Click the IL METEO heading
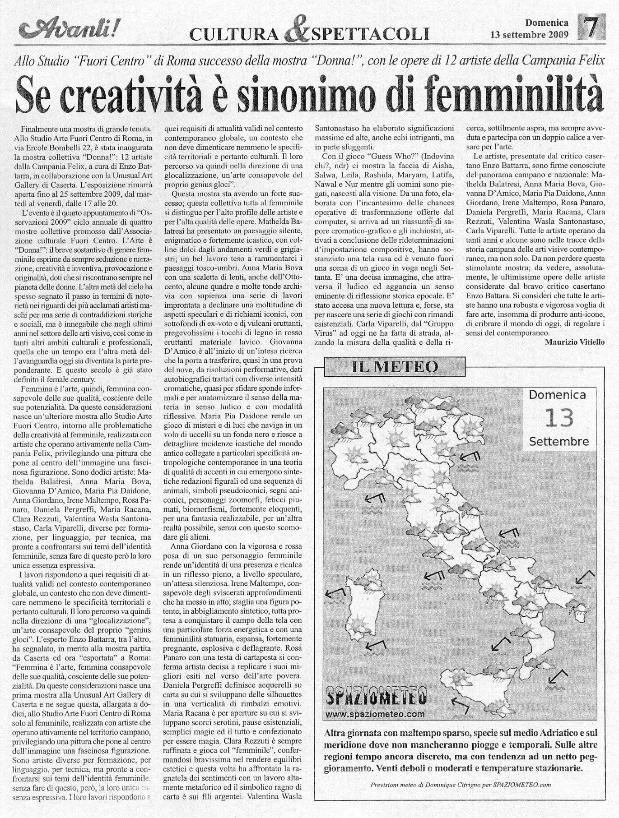pos(395,367)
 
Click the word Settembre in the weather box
pos(559,441)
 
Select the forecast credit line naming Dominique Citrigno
pos(461,797)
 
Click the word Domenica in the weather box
pos(558,395)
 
